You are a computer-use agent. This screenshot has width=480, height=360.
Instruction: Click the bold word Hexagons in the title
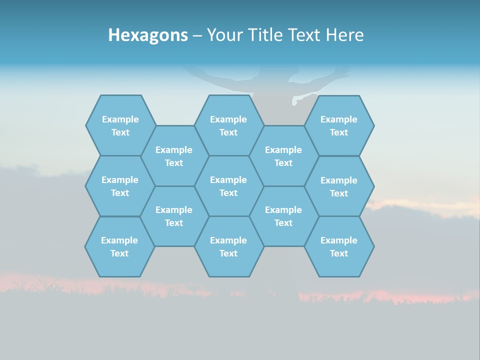coord(148,35)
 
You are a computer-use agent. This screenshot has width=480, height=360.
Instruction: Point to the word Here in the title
coord(344,35)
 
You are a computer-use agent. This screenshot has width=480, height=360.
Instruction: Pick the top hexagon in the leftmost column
coord(120,125)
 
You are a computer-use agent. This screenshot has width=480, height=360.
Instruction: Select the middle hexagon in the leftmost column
coord(120,186)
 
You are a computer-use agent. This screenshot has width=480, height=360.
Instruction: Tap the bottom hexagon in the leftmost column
coord(119,246)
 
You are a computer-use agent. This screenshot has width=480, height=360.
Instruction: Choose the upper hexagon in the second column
coord(174,156)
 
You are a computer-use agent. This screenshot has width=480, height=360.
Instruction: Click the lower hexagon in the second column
coord(174,216)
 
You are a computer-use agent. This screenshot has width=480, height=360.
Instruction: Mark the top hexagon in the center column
coord(228,125)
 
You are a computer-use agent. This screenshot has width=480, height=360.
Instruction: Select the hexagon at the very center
coord(228,186)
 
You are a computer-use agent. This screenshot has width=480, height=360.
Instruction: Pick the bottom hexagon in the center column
coord(228,246)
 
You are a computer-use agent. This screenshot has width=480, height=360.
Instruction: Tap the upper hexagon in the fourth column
coord(283,156)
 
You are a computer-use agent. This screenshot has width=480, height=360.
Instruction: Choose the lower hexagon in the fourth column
coord(283,216)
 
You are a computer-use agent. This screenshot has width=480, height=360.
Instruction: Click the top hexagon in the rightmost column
coord(339,125)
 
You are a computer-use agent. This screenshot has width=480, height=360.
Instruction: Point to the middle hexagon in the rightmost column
coord(339,186)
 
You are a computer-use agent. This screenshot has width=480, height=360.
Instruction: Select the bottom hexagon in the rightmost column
coord(339,246)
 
